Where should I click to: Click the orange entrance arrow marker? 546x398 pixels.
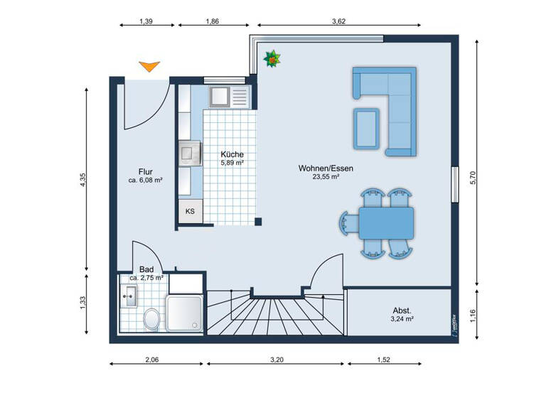(x=149, y=67)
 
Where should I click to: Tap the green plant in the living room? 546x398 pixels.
(x=272, y=60)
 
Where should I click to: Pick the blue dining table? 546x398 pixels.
(x=385, y=222)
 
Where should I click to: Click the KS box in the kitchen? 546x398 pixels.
(x=191, y=211)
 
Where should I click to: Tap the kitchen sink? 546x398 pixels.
(x=220, y=95)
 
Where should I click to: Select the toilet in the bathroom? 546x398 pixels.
(x=151, y=319)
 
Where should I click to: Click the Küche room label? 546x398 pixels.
(x=232, y=154)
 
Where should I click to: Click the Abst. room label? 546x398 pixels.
(x=402, y=311)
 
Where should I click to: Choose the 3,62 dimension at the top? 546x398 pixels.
(x=338, y=22)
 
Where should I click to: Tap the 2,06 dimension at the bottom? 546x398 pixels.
(x=151, y=361)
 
